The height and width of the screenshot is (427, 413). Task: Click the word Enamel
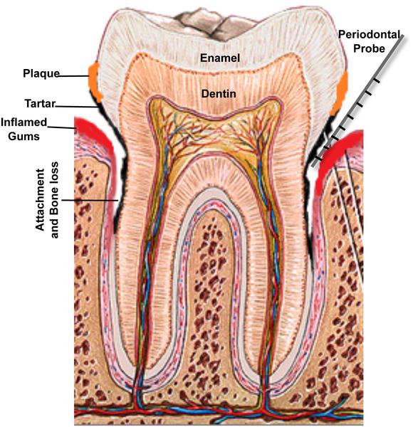tap(220, 58)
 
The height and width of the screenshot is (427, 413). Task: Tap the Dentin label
tap(219, 94)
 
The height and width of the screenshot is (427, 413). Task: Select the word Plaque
tap(41, 74)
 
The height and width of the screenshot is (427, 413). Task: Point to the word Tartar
tap(40, 104)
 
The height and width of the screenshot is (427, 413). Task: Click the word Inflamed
tap(24, 122)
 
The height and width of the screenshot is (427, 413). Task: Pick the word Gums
tap(23, 136)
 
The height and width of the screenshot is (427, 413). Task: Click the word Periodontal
tap(369, 35)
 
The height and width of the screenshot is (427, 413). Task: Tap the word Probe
tap(369, 48)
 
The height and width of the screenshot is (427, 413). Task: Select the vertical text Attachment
tap(40, 200)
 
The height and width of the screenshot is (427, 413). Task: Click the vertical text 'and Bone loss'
tap(55, 200)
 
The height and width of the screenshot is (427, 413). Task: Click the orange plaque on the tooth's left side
tap(95, 81)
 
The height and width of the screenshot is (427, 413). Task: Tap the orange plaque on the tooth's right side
tap(340, 93)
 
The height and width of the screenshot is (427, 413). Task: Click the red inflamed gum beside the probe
tap(336, 152)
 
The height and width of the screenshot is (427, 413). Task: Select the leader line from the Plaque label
tap(73, 76)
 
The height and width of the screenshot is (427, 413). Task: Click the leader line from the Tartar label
tap(76, 107)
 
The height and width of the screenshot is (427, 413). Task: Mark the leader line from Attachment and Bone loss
tap(90, 200)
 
